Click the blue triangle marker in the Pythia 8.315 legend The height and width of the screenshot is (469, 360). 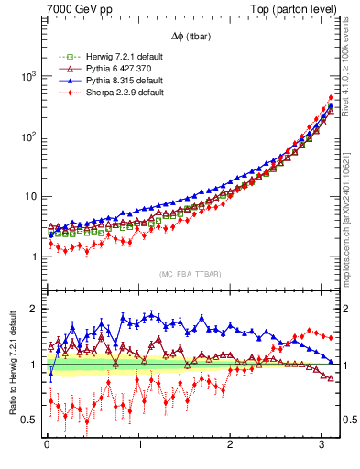point(61,82)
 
